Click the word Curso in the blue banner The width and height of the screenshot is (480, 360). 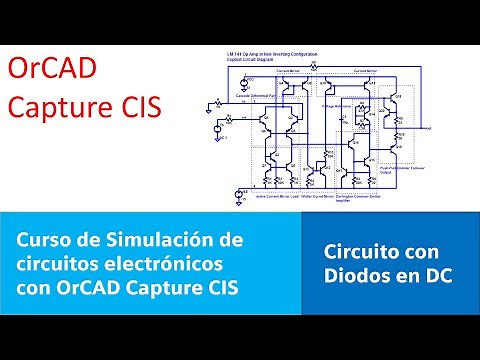coord(45,241)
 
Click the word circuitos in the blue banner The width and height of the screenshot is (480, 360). coord(58,265)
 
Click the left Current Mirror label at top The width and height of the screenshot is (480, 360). coord(288,72)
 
